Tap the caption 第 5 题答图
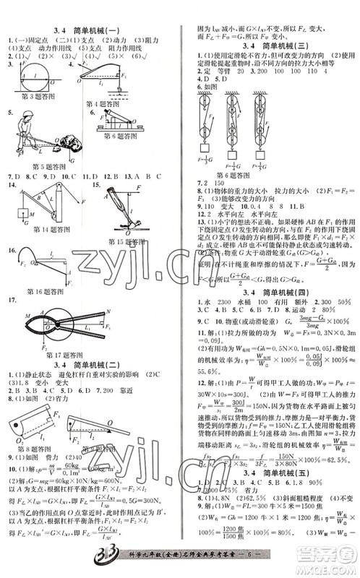(x=39, y=164)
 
